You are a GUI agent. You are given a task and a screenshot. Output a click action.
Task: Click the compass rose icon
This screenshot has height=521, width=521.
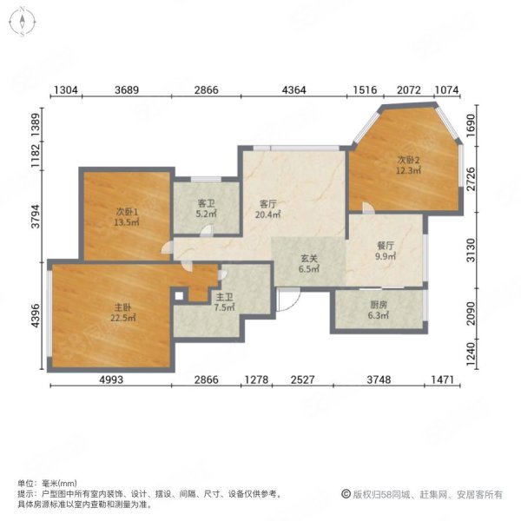pyautogui.click(x=23, y=22)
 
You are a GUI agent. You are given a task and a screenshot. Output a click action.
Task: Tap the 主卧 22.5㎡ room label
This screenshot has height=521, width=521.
pyautogui.click(x=123, y=313)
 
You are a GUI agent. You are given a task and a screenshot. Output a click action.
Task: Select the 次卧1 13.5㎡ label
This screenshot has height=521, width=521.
pyautogui.click(x=126, y=217)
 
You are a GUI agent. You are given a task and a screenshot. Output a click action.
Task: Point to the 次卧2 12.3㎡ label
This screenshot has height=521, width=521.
pyautogui.click(x=408, y=165)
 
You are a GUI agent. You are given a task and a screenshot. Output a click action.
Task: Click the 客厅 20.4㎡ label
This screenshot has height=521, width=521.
pyautogui.click(x=267, y=209)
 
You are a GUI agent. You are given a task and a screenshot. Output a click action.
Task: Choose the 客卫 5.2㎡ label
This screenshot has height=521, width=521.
pyautogui.click(x=206, y=208)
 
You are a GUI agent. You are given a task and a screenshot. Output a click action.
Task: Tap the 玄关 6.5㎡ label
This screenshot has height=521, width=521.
pyautogui.click(x=309, y=263)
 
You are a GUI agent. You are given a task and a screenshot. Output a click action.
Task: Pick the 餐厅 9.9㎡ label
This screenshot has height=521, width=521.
pyautogui.click(x=386, y=251)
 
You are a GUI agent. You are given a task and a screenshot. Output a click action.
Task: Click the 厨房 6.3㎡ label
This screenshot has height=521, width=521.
pyautogui.click(x=378, y=310)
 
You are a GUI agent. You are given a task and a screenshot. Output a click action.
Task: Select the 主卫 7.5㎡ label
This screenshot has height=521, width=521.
pyautogui.click(x=224, y=302)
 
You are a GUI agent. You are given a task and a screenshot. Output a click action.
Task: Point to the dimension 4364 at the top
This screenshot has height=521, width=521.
pyautogui.click(x=293, y=89)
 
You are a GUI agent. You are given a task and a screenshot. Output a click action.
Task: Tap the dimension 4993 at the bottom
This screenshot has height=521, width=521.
pyautogui.click(x=110, y=379)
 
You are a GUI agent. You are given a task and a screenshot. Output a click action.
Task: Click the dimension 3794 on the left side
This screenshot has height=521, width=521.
pyautogui.click(x=36, y=216)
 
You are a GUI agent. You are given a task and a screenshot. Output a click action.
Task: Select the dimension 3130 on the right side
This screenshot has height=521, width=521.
pyautogui.click(x=471, y=250)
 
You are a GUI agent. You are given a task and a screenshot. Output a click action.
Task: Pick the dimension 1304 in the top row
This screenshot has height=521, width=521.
pyautogui.click(x=66, y=89)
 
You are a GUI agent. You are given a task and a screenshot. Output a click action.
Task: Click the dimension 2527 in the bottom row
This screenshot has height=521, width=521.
pyautogui.click(x=302, y=379)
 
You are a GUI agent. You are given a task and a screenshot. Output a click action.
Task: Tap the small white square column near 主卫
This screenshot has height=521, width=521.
pyautogui.click(x=179, y=296)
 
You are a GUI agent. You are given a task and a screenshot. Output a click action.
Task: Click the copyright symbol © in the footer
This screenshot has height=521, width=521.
pyautogui.click(x=346, y=494)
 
